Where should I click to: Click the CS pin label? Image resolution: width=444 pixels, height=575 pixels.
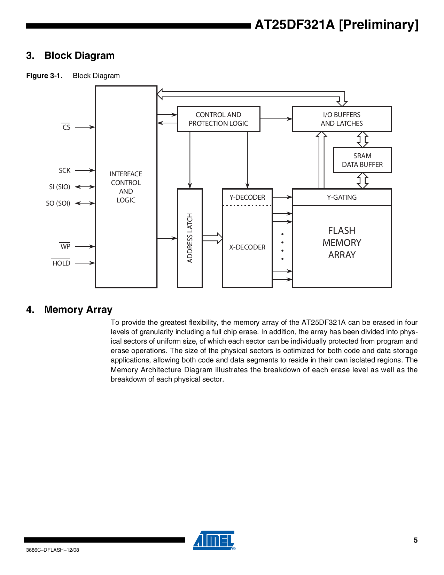coord(66,127)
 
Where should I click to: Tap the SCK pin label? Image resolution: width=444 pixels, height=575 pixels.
coord(65,170)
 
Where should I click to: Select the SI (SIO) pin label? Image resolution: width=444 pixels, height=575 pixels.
coord(60,187)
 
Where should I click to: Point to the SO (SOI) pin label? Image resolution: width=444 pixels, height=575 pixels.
coord(58,203)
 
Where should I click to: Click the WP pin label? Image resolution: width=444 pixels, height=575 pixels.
coord(65,246)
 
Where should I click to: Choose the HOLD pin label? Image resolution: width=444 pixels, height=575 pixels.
coord(61,263)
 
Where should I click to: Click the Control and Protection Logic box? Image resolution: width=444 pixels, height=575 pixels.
coord(218,119)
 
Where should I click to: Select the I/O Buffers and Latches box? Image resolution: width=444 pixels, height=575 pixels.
coord(342,119)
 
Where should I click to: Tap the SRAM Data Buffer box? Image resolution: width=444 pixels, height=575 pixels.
coord(362,160)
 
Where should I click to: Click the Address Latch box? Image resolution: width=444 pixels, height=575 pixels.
coord(190,238)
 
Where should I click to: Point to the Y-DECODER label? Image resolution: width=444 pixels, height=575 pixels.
coord(247,197)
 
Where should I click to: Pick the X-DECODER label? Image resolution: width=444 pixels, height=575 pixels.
coord(247,247)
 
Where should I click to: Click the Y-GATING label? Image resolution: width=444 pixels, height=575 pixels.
coord(342,197)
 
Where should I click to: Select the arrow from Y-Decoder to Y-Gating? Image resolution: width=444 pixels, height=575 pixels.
coord(282,197)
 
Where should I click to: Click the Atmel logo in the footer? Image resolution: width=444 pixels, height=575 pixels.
coord(214,540)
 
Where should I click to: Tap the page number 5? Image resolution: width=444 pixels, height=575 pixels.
coord(415,540)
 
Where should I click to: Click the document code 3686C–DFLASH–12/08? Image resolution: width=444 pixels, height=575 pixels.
coord(53,550)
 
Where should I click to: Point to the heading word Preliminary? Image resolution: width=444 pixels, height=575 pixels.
coord(379,25)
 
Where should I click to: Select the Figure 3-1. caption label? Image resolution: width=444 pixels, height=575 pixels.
coord(44,76)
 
